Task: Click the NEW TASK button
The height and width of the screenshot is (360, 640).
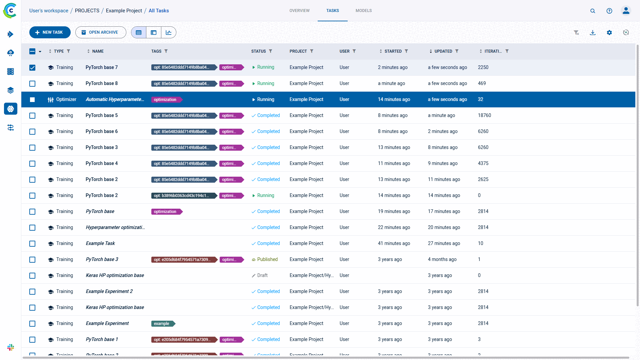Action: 50,32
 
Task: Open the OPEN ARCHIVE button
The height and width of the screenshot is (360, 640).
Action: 100,32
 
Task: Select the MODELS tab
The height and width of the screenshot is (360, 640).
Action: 363,11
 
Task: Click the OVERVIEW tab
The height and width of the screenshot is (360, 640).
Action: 299,11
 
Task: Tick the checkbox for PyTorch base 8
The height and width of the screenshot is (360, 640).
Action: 32,84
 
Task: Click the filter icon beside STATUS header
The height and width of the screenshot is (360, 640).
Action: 271,51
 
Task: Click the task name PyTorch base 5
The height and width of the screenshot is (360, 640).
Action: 102,115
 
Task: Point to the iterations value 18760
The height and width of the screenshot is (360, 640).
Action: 484,115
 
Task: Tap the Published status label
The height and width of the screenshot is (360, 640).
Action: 267,259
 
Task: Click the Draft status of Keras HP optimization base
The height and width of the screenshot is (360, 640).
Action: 262,275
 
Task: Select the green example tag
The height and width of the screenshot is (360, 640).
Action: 162,324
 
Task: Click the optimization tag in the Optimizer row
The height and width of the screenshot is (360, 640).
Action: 165,100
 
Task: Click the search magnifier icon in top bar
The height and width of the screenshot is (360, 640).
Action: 593,11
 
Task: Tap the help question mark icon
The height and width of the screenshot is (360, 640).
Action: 609,11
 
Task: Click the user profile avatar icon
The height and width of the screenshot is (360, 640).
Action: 626,11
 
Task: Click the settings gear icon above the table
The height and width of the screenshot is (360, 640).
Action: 609,32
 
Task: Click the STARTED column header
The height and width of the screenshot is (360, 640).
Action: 393,51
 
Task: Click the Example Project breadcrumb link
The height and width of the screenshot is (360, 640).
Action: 124,11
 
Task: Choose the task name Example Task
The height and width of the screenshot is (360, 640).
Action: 100,243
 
